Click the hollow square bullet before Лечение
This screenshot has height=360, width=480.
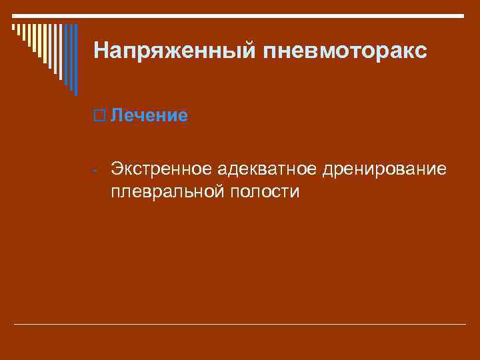(100, 115)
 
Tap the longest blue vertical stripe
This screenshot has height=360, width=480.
(76, 60)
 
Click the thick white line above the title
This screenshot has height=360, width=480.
(240, 15)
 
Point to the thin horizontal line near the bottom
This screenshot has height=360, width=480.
(240, 325)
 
